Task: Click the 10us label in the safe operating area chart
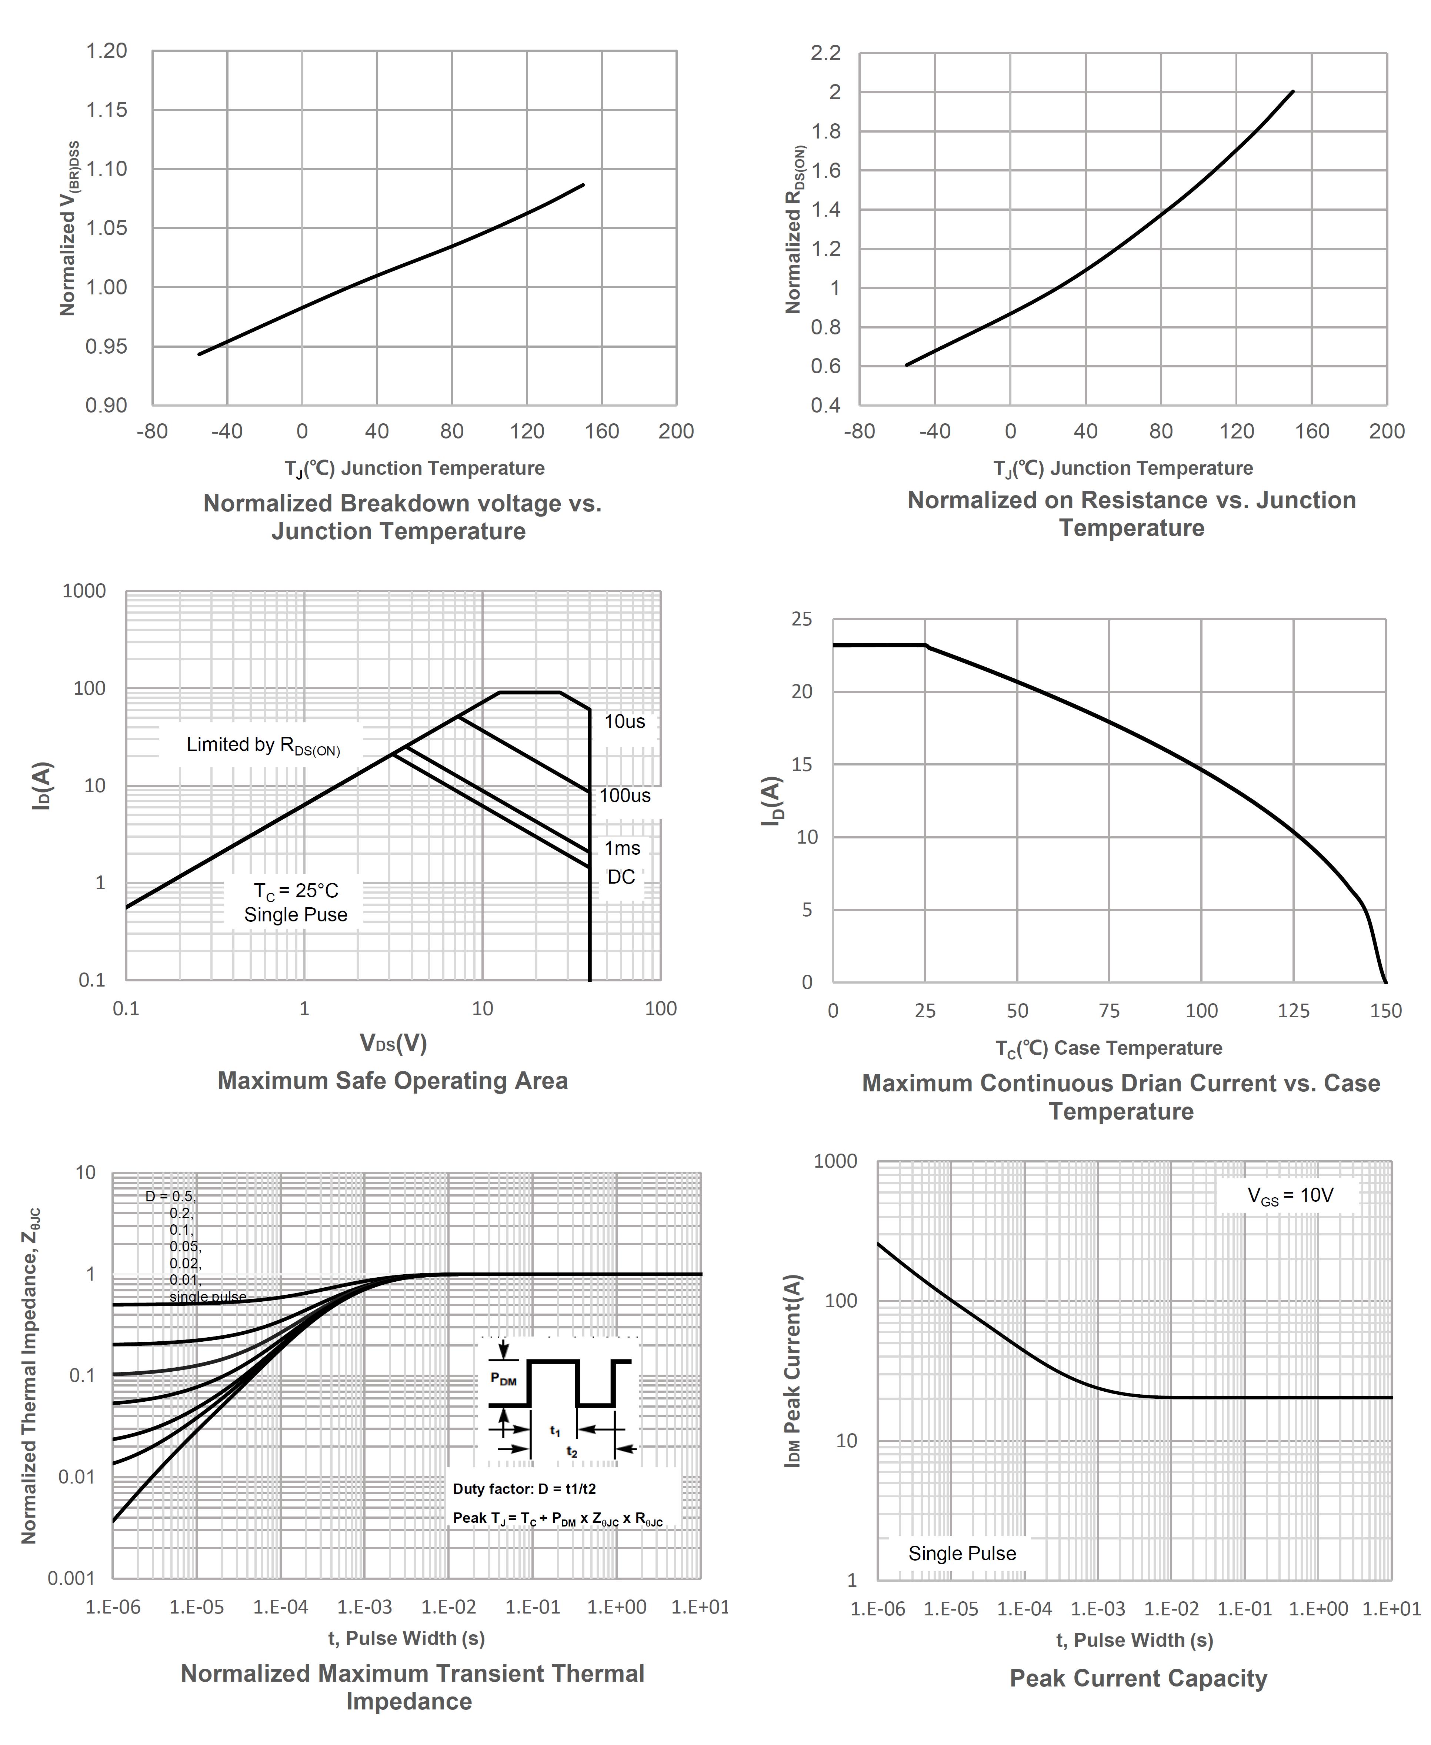(625, 722)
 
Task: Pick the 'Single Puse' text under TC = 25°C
(295, 915)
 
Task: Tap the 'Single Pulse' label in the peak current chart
(962, 1554)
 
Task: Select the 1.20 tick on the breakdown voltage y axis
(107, 51)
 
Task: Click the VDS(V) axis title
(393, 1044)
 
